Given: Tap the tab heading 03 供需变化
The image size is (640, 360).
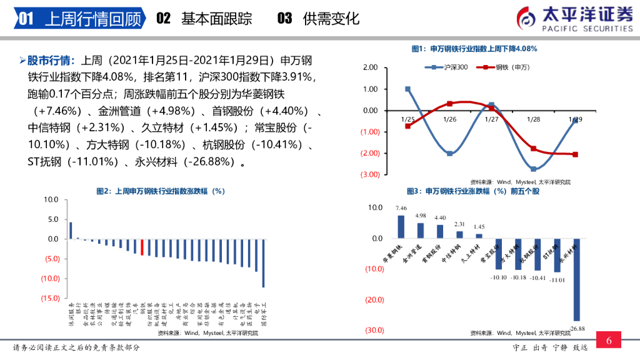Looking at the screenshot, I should pyautogui.click(x=318, y=19).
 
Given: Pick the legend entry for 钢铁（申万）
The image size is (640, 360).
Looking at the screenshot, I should pyautogui.click(x=500, y=67).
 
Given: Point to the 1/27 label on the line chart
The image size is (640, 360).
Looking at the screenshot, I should pyautogui.click(x=492, y=119).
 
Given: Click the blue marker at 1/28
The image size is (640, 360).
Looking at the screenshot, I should pyautogui.click(x=534, y=169).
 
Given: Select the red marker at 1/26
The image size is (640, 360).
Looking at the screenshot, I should pyautogui.click(x=449, y=104).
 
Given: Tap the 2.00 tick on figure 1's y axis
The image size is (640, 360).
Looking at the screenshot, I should pyautogui.click(x=370, y=67).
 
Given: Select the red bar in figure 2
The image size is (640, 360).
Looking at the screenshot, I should pyautogui.click(x=142, y=247).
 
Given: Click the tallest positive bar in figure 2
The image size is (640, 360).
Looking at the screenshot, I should pyautogui.click(x=71, y=231).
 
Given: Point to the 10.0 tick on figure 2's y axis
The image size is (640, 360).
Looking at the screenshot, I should pyautogui.click(x=51, y=199).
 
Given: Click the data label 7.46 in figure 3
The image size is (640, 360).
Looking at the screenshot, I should pyautogui.click(x=401, y=208).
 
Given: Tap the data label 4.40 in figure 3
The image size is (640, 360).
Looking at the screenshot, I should pyautogui.click(x=440, y=217).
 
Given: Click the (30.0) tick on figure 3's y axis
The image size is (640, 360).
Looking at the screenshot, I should pyautogui.click(x=374, y=330).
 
